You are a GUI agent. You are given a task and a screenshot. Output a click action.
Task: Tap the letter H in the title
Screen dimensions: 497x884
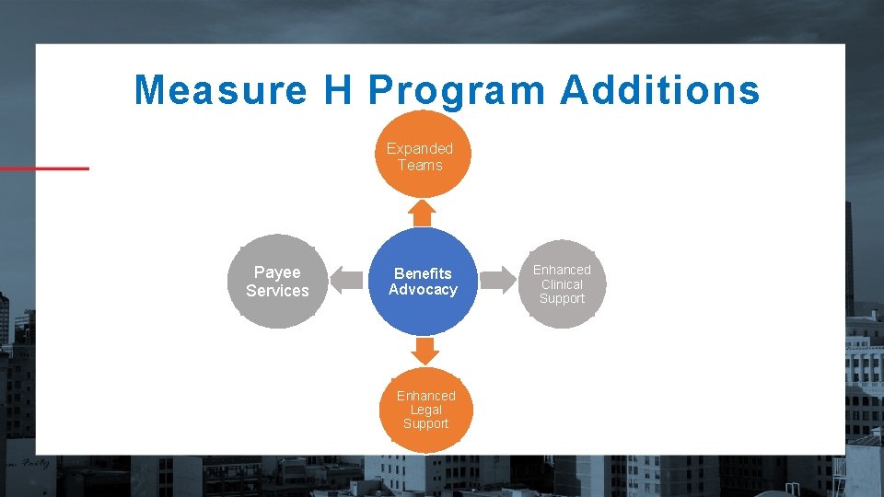coord(337,90)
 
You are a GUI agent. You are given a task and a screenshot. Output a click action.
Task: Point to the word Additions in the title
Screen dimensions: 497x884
coord(659,90)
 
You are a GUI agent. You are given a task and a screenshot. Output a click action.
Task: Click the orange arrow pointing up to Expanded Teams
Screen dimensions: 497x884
coord(422,212)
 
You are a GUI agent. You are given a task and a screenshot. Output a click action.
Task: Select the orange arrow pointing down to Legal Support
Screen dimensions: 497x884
coord(424,350)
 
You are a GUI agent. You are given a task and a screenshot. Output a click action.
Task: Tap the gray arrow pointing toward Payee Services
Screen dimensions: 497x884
coord(346,280)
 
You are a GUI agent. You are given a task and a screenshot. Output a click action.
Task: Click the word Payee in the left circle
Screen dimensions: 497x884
coord(277,272)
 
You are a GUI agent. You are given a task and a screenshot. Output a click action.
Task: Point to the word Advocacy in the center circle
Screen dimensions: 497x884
coord(423,290)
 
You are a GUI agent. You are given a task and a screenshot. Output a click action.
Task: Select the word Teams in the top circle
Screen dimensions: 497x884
coord(420,166)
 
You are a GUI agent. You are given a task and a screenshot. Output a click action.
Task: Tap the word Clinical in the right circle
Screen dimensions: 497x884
coord(562,284)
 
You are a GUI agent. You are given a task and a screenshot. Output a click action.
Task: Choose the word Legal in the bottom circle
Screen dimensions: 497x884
coord(425,410)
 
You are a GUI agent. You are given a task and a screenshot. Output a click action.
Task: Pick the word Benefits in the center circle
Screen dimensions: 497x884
coord(423,273)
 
